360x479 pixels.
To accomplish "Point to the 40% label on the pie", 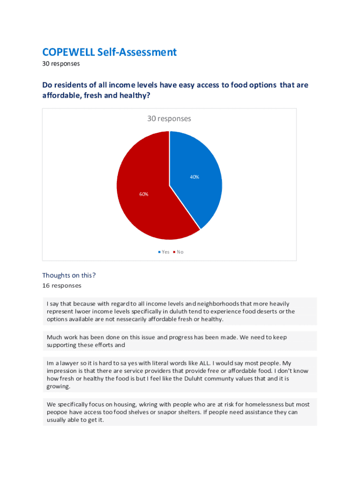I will [194, 177].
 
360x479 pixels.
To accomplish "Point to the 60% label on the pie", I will [144, 194].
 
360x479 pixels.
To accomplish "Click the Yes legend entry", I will [164, 252].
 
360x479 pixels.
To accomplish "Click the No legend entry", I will [179, 252].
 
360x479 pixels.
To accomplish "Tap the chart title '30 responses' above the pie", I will [169, 119].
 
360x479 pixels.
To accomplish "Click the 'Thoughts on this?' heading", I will [69, 275].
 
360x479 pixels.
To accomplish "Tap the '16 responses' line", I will [61, 285].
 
